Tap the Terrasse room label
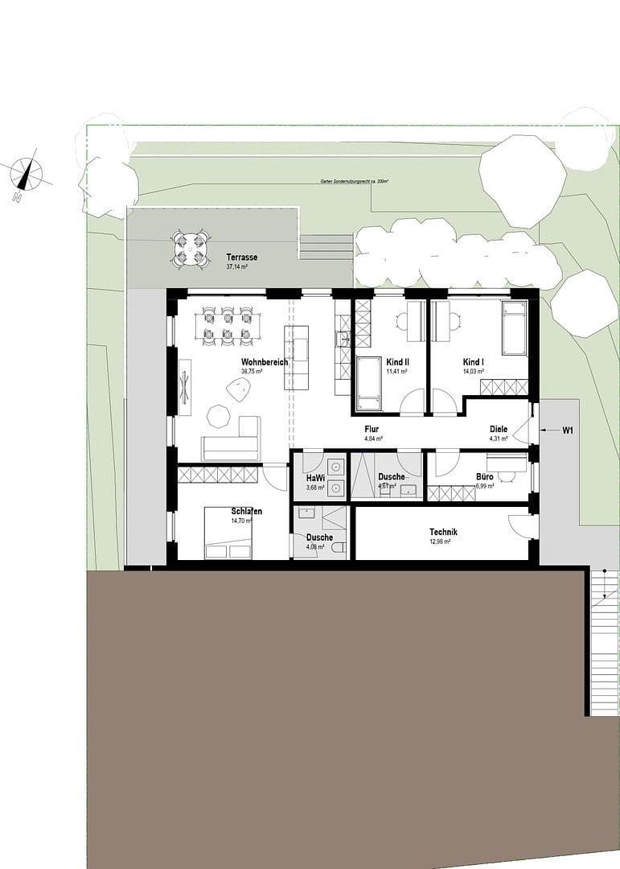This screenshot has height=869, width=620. click(x=241, y=257)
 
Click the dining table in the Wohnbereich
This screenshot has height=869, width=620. click(x=228, y=326)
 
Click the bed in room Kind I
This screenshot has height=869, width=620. click(x=514, y=327)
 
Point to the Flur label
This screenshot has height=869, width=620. click(x=372, y=430)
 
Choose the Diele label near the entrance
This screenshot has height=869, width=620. click(x=499, y=430)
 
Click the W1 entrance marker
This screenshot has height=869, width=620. click(x=567, y=430)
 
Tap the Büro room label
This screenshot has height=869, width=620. click(x=484, y=477)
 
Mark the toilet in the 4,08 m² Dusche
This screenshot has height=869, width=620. click(x=339, y=549)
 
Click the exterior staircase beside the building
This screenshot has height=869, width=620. click(x=604, y=644)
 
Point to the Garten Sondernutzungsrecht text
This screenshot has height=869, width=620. click(x=354, y=182)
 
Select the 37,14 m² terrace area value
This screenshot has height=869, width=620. click(x=237, y=266)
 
